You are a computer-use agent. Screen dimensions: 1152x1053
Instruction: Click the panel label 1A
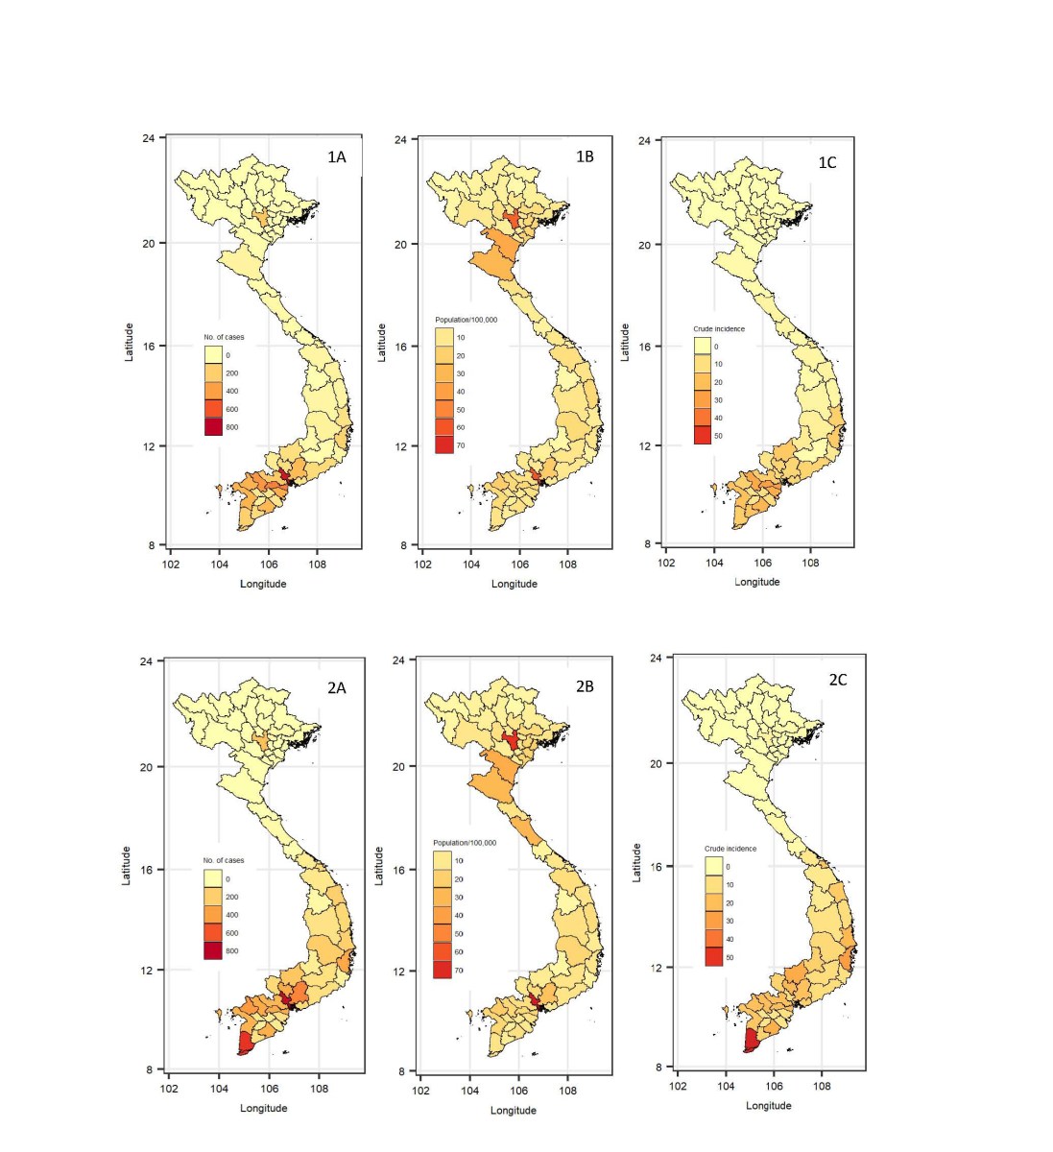tap(336, 157)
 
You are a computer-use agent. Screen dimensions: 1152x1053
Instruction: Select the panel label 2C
tap(838, 680)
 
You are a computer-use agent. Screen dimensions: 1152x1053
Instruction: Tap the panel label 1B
tap(585, 156)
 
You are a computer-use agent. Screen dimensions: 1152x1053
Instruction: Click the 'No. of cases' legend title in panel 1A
tap(224, 337)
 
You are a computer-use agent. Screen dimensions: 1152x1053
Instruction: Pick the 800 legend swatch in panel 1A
tap(213, 427)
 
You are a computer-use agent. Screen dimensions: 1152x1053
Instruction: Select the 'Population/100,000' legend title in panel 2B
tap(465, 843)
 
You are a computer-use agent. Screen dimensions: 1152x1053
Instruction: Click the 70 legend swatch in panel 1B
tap(443, 445)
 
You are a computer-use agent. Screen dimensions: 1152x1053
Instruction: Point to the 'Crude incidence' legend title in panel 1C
tap(719, 329)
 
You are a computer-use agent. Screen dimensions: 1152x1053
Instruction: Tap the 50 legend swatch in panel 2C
tap(713, 957)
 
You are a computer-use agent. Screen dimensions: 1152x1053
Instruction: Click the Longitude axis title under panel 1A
tap(263, 584)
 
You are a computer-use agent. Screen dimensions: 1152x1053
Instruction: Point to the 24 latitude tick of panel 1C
tap(644, 141)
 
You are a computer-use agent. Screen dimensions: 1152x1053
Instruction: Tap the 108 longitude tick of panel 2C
tap(823, 1087)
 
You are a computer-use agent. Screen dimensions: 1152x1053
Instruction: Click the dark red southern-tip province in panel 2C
tap(751, 1041)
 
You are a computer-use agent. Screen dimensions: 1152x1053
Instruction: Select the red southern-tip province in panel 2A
tap(245, 1043)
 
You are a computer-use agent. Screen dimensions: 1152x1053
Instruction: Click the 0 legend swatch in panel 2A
tap(212, 878)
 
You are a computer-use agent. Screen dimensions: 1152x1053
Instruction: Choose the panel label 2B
tap(585, 687)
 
